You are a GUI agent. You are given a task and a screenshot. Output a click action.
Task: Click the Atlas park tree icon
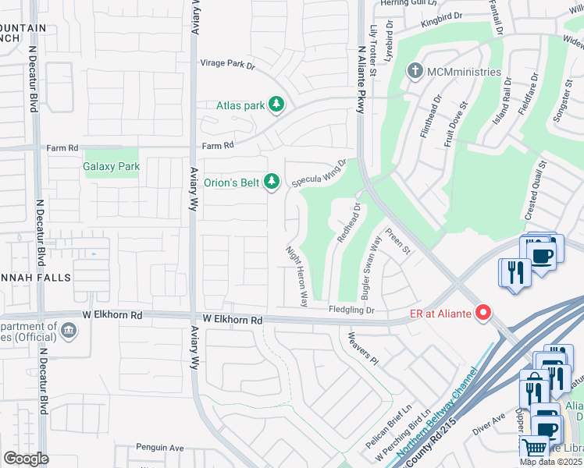(x=276, y=104)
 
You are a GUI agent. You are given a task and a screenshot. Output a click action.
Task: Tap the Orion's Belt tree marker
(x=271, y=182)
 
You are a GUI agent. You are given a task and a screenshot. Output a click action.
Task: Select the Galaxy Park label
(x=112, y=166)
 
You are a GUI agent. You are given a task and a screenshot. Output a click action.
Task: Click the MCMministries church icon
(x=414, y=72)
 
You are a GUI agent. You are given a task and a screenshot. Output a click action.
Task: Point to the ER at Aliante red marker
(x=483, y=313)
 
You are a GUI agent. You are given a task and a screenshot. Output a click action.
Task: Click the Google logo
(x=25, y=459)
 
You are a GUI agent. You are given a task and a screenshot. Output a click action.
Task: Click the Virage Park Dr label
(x=228, y=64)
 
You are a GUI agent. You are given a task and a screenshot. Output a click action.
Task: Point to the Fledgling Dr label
(x=351, y=310)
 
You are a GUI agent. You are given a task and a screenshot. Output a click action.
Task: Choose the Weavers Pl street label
(x=363, y=349)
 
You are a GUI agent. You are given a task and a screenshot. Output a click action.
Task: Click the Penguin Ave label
(x=158, y=448)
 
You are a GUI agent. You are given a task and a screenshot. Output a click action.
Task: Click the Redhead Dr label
(x=347, y=223)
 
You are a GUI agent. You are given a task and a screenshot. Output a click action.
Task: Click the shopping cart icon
(x=534, y=447)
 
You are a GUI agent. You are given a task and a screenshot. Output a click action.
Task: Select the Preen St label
(x=397, y=240)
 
